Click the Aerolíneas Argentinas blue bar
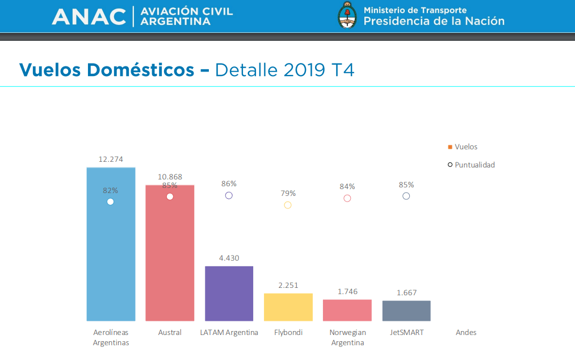tap(111, 256)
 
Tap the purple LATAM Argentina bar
tap(229, 293)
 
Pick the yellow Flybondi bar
tap(288, 307)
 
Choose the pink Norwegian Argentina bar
tap(347, 310)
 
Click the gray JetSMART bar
tap(406, 311)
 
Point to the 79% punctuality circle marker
tap(288, 205)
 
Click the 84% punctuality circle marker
tap(347, 198)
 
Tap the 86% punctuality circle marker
tap(229, 195)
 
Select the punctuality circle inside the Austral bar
tap(170, 196)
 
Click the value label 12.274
tap(111, 160)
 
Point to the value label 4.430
tap(229, 258)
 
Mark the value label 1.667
tap(406, 293)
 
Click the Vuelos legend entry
tap(463, 147)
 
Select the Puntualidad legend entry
tap(471, 165)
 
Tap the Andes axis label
tap(466, 332)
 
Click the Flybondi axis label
tap(288, 332)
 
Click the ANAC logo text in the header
tap(89, 16)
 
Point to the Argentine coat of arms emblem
tap(346, 15)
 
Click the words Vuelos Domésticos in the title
tap(106, 70)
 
